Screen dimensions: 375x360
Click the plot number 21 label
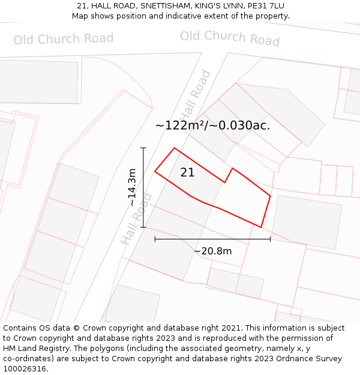coord(187,172)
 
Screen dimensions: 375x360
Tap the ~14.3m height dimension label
coord(132,187)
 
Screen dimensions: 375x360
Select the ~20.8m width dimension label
coord(212,251)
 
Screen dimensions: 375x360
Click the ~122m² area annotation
coord(212,125)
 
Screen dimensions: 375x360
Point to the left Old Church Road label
coord(64,40)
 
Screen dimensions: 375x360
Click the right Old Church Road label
coord(230,37)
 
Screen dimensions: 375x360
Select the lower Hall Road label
coord(136,219)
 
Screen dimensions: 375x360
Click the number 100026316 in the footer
coord(26,368)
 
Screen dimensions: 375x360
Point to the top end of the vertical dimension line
coord(143,148)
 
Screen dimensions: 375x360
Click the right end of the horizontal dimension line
coord(270,239)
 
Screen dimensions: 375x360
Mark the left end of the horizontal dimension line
coord(155,239)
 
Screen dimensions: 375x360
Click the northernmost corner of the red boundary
coord(175,148)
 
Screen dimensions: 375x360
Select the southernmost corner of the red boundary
coord(261,227)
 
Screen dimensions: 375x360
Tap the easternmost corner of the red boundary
coord(270,196)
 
